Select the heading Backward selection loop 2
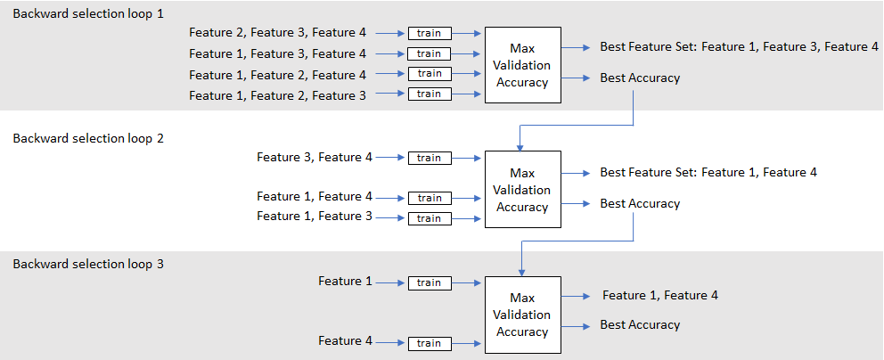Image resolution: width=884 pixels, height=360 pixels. (88, 139)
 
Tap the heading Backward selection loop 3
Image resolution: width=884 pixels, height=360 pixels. (88, 265)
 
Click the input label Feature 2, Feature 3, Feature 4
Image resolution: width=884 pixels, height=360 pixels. (277, 33)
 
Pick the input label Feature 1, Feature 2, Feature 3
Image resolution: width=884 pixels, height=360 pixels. (277, 94)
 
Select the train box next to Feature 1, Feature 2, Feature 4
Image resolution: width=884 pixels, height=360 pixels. (430, 74)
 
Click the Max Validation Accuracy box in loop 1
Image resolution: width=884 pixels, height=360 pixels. (522, 65)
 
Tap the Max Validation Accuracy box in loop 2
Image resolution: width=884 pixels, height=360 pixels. (522, 190)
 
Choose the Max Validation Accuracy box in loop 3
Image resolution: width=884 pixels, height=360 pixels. (522, 315)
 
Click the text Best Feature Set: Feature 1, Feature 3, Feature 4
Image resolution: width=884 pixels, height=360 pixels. (739, 46)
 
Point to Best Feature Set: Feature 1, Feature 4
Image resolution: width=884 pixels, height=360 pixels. (708, 172)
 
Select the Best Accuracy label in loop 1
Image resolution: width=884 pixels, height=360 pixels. (640, 78)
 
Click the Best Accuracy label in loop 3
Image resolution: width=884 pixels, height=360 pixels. (640, 325)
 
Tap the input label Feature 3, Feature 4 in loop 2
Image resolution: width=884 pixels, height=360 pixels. (315, 158)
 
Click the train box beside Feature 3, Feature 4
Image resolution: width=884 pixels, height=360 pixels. (430, 158)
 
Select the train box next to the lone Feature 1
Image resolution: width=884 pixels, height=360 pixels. (430, 282)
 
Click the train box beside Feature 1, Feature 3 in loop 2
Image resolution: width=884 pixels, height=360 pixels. (430, 218)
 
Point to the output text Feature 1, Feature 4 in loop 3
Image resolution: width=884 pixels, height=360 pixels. (659, 295)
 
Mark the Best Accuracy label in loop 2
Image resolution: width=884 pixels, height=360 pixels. (640, 204)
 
